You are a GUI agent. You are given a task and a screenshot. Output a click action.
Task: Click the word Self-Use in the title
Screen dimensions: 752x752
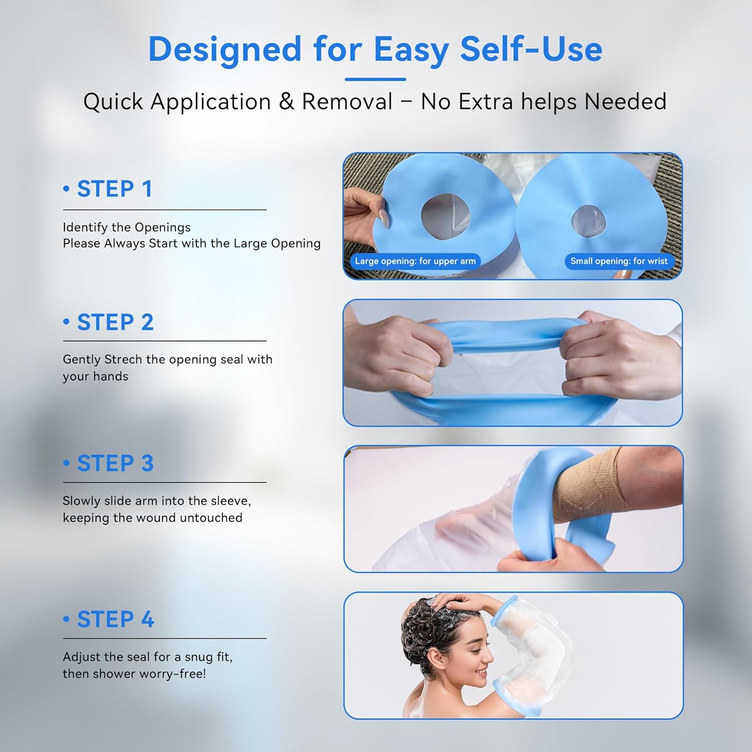tap(531, 49)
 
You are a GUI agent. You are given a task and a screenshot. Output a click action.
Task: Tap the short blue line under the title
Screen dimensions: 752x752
tap(375, 79)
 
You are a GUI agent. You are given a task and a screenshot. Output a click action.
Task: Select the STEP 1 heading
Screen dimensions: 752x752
tap(114, 189)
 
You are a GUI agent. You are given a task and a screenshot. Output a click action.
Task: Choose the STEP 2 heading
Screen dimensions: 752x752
tap(115, 322)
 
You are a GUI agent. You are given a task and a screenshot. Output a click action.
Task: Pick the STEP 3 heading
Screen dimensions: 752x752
tap(115, 463)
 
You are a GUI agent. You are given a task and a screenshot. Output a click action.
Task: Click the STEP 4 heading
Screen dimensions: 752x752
tap(115, 620)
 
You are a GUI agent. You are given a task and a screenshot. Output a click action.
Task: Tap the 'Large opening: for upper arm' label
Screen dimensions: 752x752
tap(415, 261)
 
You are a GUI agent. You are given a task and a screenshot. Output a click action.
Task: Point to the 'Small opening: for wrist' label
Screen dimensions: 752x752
tap(619, 261)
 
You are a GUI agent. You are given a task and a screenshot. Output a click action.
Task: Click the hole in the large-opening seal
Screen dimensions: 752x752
tap(446, 216)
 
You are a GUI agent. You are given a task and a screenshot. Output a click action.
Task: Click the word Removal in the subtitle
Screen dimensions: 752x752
tap(347, 102)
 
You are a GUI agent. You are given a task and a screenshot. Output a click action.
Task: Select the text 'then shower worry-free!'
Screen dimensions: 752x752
tap(134, 674)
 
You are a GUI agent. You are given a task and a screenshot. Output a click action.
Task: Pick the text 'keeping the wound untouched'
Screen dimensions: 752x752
tap(152, 518)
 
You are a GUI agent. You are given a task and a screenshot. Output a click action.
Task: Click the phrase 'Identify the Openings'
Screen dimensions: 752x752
tap(126, 228)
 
